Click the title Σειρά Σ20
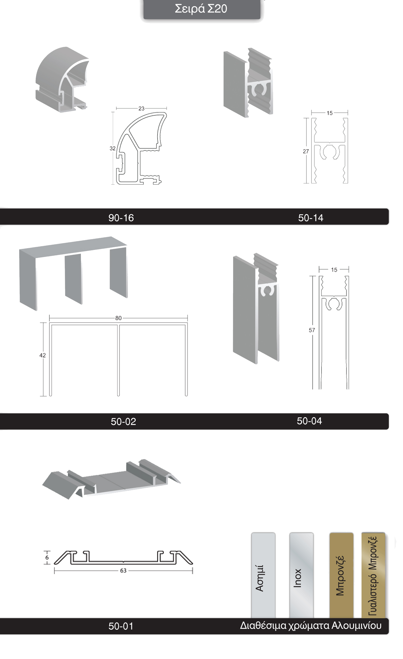201,9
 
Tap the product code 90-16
121,218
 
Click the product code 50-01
121,626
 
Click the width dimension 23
141,109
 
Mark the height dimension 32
113,149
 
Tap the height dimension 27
306,151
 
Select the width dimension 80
118,318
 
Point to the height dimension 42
42,355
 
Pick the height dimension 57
312,330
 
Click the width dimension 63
123,571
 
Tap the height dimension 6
47,558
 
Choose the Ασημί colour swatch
263,575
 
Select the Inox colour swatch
301,575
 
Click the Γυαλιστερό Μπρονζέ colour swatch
373,575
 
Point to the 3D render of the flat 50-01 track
111,479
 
